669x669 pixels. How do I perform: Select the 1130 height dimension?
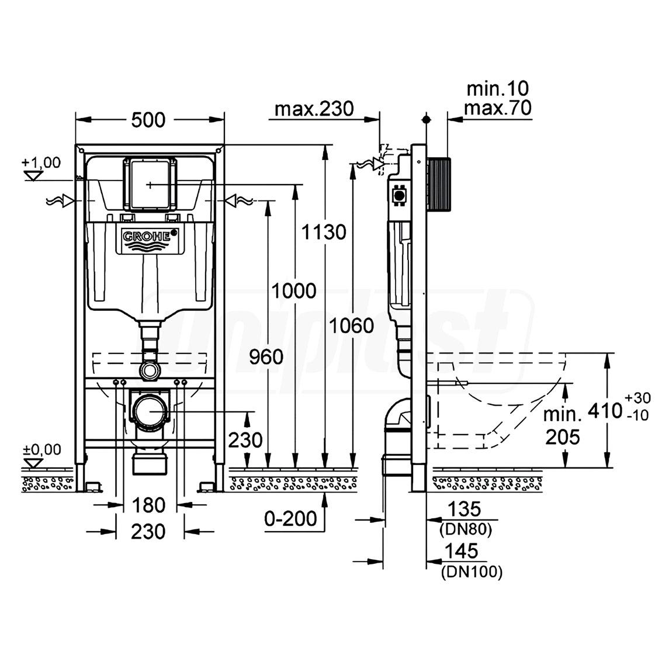coord(324,232)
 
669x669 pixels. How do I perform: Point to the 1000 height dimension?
coord(294,290)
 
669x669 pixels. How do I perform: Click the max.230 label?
coord(314,109)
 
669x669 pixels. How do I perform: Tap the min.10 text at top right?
coord(497,89)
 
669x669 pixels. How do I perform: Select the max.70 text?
coord(497,108)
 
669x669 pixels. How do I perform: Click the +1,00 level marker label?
coord(41,162)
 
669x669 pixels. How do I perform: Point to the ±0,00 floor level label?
coord(41,449)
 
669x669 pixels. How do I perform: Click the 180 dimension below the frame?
coord(148,504)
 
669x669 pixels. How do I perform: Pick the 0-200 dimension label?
coord(290,518)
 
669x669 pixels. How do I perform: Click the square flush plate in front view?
coord(150,183)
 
